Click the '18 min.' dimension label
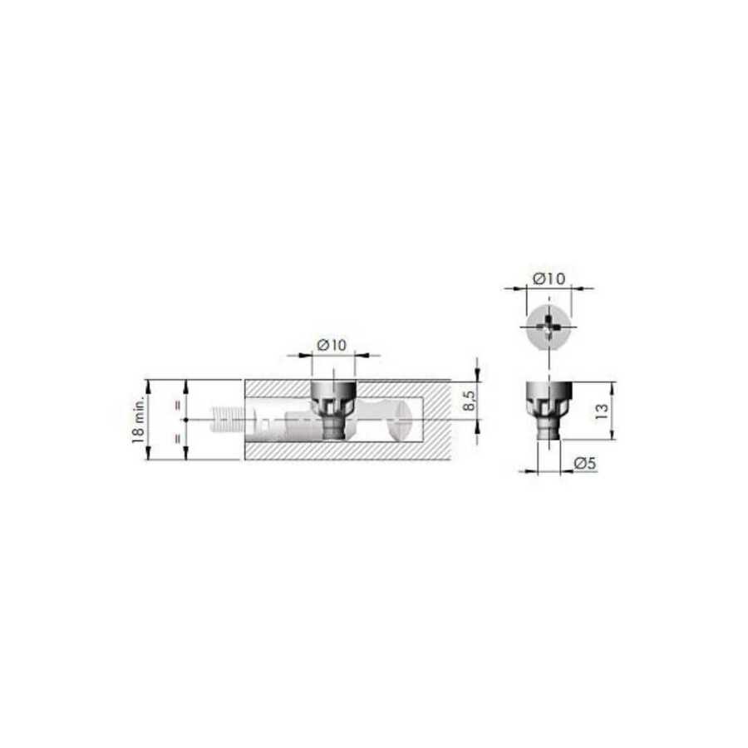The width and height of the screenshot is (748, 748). (x=138, y=420)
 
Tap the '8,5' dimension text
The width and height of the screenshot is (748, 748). (x=470, y=401)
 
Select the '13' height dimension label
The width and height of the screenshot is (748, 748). (x=603, y=411)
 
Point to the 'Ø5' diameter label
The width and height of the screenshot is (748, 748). (x=585, y=463)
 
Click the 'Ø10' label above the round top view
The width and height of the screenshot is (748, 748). (x=549, y=278)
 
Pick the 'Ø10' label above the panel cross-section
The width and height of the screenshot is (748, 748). (x=332, y=344)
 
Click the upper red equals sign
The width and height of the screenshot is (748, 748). (x=178, y=406)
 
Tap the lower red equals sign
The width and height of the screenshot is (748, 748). (x=178, y=438)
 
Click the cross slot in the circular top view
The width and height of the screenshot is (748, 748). (x=549, y=327)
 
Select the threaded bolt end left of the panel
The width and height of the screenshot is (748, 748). (x=227, y=420)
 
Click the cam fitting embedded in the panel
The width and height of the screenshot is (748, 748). (x=333, y=409)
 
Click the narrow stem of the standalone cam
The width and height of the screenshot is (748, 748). (x=549, y=430)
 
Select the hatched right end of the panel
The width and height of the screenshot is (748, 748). (x=436, y=420)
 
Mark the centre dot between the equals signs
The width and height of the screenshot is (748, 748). (x=185, y=420)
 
